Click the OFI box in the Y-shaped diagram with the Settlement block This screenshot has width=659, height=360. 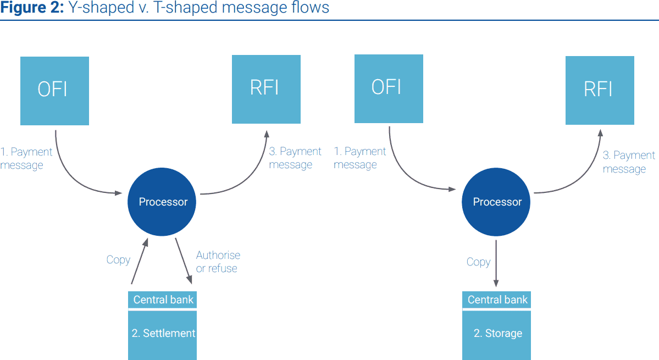[x=54, y=91]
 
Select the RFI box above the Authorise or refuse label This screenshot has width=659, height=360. [x=266, y=89]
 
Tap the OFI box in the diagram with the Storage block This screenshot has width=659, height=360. [x=389, y=88]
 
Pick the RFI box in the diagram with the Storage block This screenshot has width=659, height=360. [x=600, y=90]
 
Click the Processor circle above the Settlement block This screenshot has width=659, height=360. [x=162, y=202]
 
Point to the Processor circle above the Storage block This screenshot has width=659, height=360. [x=496, y=202]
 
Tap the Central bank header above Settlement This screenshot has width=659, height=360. [x=162, y=300]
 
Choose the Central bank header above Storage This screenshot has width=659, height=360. [x=496, y=300]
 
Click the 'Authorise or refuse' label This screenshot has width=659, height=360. [x=218, y=262]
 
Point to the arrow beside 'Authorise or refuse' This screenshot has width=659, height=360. [x=184, y=261]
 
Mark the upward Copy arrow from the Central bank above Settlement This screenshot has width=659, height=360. [x=140, y=261]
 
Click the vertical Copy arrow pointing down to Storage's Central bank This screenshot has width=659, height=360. [x=496, y=263]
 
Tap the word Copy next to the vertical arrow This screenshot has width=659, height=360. [x=478, y=262]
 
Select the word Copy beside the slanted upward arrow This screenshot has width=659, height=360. [x=118, y=260]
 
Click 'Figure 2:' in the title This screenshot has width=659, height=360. [x=32, y=8]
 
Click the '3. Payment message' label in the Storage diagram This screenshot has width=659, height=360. [x=629, y=162]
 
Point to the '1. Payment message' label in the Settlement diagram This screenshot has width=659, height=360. [x=26, y=158]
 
